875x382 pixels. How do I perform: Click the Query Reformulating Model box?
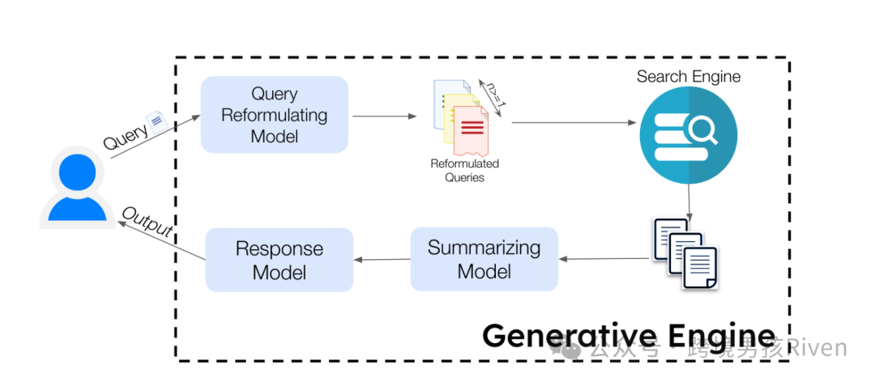pyautogui.click(x=274, y=114)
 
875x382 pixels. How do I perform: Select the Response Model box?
pyautogui.click(x=280, y=260)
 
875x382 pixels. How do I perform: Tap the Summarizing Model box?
pyautogui.click(x=484, y=259)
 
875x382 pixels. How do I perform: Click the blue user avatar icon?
pyautogui.click(x=77, y=188)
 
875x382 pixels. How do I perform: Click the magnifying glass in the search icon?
pyautogui.click(x=702, y=131)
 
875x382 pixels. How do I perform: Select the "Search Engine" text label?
pyautogui.click(x=689, y=76)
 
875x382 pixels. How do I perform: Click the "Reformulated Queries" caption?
pyautogui.click(x=464, y=171)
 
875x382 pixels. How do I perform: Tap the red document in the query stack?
pyautogui.click(x=471, y=130)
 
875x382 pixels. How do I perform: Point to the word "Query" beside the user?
pyautogui.click(x=126, y=136)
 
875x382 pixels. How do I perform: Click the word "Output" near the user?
pyautogui.click(x=147, y=223)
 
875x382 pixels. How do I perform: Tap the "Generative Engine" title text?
pyautogui.click(x=629, y=336)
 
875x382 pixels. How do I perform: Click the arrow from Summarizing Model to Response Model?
pyautogui.click(x=382, y=259)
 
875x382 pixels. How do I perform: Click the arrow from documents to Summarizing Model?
pyautogui.click(x=605, y=258)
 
